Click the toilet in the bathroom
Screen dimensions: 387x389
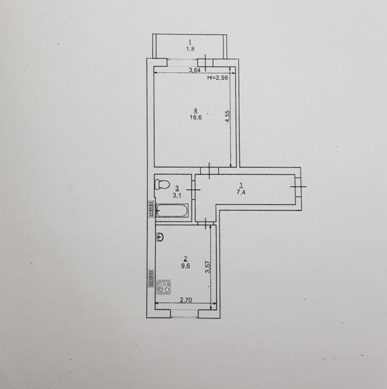tap(162, 185)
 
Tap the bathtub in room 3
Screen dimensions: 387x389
tap(172, 211)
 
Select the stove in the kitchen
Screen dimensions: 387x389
tap(164, 287)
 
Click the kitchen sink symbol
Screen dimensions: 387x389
tap(160, 237)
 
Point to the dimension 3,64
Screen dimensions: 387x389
tap(194, 70)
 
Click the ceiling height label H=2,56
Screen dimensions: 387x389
tap(218, 78)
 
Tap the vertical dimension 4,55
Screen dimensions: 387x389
tap(228, 116)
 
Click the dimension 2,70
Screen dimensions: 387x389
tap(186, 300)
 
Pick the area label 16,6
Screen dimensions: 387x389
tap(196, 117)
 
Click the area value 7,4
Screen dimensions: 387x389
tap(241, 192)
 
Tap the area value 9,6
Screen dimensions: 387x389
tap(186, 266)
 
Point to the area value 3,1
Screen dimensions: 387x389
tap(177, 196)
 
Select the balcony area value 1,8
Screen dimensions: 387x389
tap(190, 49)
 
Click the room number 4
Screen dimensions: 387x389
tap(196, 110)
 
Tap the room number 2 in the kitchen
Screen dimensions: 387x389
tap(185, 259)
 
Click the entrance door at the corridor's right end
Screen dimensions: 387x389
tap(298, 186)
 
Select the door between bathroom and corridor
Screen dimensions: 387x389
tap(193, 190)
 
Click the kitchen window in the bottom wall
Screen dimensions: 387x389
tap(184, 314)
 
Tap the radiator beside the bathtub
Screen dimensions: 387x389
tap(151, 209)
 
